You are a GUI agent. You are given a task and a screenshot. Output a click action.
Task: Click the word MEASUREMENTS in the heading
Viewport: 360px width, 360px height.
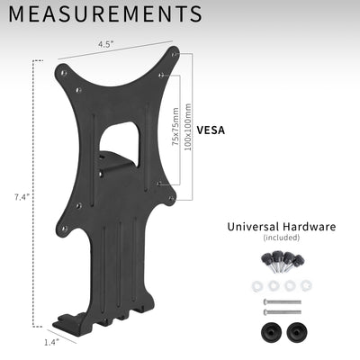(106, 14)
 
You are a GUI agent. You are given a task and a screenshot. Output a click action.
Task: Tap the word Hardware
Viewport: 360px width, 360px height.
(309, 227)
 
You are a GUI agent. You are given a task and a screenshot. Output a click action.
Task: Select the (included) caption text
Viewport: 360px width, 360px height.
(281, 238)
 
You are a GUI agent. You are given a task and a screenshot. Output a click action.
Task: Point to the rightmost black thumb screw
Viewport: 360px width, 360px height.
(298, 261)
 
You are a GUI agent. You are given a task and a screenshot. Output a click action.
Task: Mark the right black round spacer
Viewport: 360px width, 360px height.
(296, 330)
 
